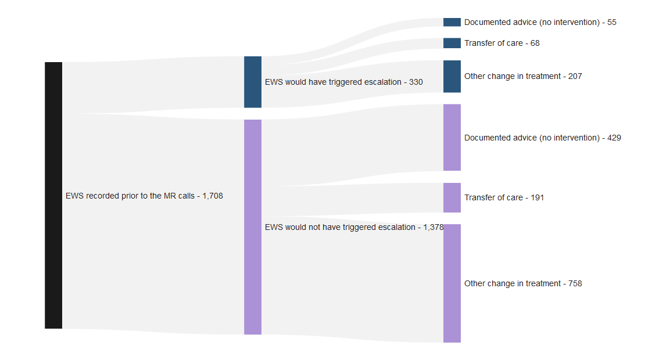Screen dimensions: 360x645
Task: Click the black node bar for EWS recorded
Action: pyautogui.click(x=53, y=195)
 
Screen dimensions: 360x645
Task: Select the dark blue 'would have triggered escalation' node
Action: pyautogui.click(x=253, y=82)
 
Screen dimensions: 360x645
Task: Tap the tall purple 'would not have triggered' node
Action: pyautogui.click(x=253, y=227)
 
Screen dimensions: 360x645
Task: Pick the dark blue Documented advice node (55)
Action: pyautogui.click(x=452, y=22)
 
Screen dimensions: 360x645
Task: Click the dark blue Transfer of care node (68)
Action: pyautogui.click(x=452, y=43)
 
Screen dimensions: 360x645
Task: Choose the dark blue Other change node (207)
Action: pyautogui.click(x=452, y=76)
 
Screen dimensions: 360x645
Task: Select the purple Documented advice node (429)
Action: pyautogui.click(x=452, y=138)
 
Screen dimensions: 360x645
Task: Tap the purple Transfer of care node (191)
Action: pyautogui.click(x=452, y=197)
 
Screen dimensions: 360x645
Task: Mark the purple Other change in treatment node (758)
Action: pyautogui.click(x=452, y=283)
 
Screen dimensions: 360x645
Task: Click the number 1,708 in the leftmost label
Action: pyautogui.click(x=212, y=196)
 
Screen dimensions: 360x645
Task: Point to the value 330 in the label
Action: pyautogui.click(x=416, y=82)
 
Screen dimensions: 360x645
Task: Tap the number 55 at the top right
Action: pyautogui.click(x=612, y=23)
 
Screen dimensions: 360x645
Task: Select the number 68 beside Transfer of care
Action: pyautogui.click(x=535, y=44)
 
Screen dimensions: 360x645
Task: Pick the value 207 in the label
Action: pyautogui.click(x=575, y=77)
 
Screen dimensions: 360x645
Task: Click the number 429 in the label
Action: pyautogui.click(x=614, y=138)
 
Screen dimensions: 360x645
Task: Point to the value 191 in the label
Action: pyautogui.click(x=537, y=198)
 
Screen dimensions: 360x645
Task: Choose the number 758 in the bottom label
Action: pyautogui.click(x=575, y=284)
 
